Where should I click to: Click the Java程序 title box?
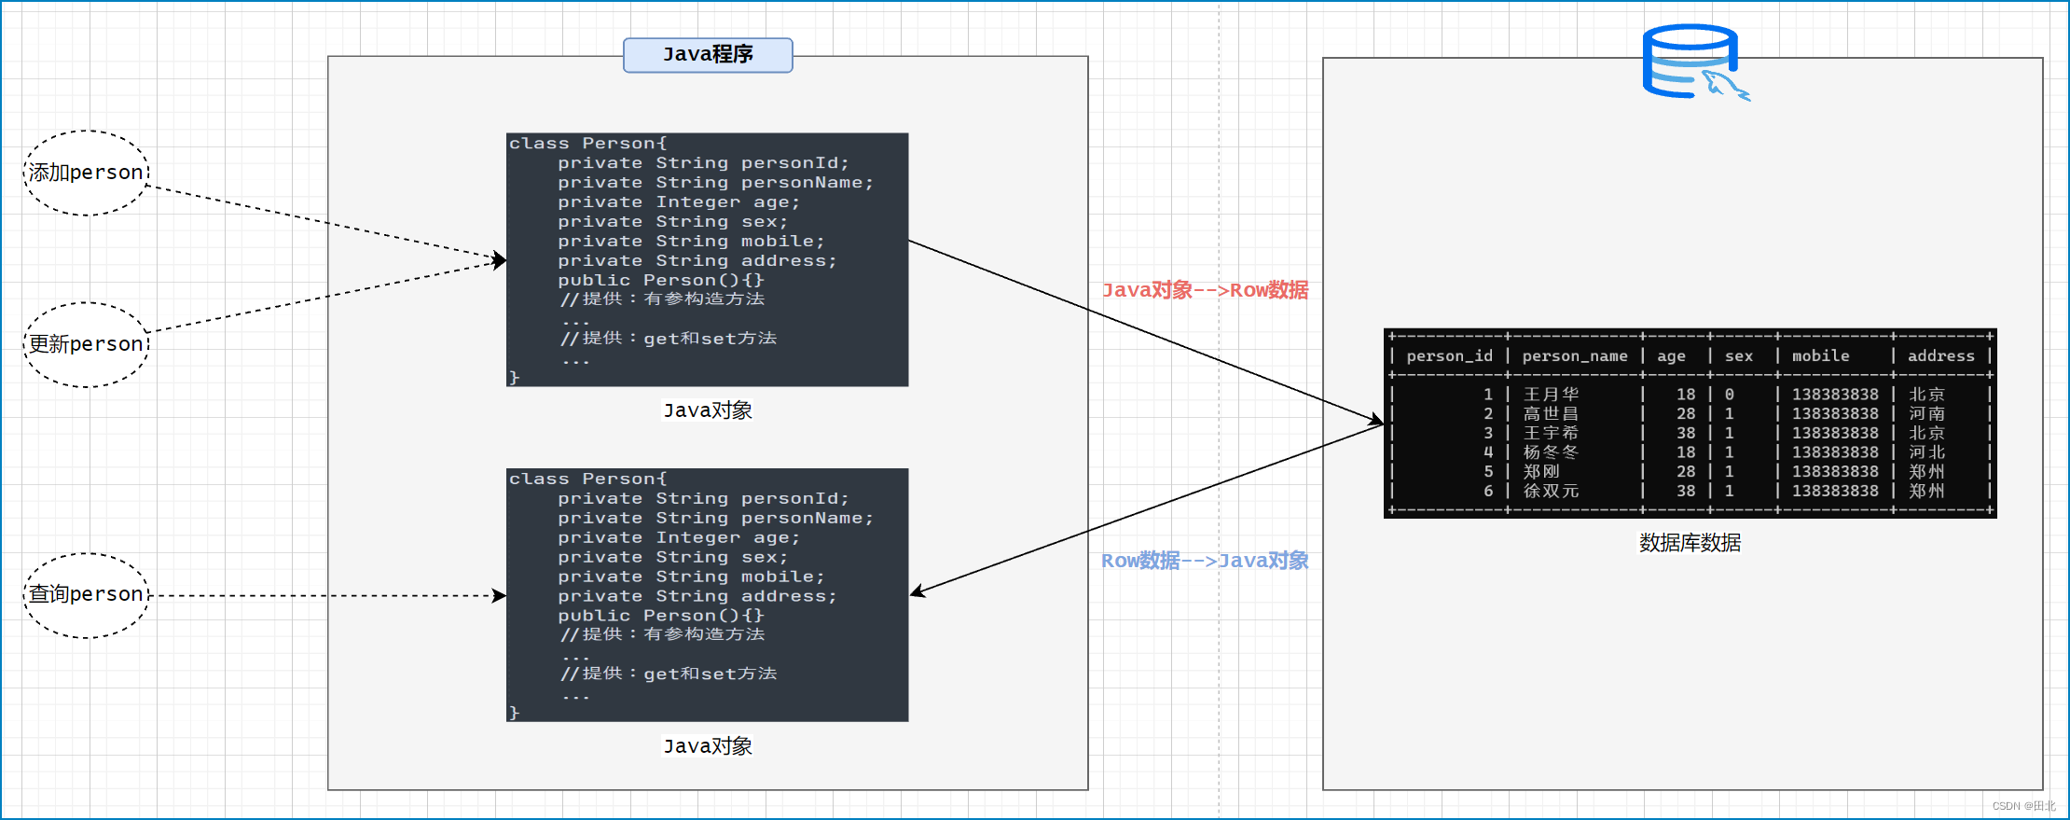[x=708, y=55]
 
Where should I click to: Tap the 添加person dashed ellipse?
[x=86, y=173]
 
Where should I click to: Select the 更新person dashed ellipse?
[x=86, y=344]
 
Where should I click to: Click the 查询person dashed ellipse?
[x=86, y=594]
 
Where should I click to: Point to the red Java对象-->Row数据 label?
[x=1205, y=290]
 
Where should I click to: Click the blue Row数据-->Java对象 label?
[x=1205, y=561]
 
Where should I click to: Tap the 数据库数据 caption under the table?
[x=1690, y=543]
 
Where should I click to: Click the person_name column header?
[x=1574, y=356]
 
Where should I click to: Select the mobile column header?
[x=1820, y=356]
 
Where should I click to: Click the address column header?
[x=1940, y=356]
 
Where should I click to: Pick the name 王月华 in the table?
[x=1551, y=395]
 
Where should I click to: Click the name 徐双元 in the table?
[x=1551, y=491]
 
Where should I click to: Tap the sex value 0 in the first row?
[x=1729, y=395]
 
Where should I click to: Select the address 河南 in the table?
[x=1926, y=413]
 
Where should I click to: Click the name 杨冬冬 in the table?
[x=1551, y=452]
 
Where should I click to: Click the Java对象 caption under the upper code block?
[x=708, y=410]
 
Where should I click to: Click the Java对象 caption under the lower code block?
[x=708, y=746]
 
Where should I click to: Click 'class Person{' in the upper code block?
[x=587, y=144]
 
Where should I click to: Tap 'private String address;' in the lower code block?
[x=697, y=596]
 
